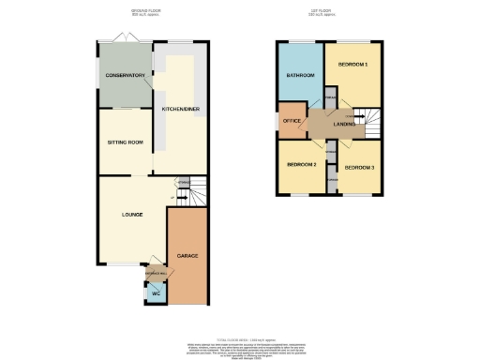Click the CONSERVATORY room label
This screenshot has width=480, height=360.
[124, 75]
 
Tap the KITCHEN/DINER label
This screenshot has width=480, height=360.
[181, 109]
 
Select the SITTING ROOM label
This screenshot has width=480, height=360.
[122, 142]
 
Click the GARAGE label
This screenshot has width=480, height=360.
[187, 255]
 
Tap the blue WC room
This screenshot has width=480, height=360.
[156, 293]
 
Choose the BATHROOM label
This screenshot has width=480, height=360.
[300, 75]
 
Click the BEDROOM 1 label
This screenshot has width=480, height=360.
[352, 64]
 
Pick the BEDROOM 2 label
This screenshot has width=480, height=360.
[300, 164]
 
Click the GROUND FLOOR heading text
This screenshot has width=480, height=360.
[150, 11]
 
